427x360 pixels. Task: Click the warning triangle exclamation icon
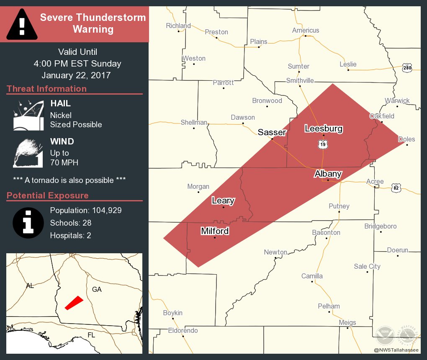[22, 24]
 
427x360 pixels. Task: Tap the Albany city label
[328, 174]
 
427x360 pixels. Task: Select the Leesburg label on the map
[324, 129]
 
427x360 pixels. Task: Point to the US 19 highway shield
[322, 144]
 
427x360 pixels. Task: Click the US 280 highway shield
[407, 68]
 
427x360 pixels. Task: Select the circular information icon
[28, 222]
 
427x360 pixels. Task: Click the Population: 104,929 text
[86, 210]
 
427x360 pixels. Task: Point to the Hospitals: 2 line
[70, 235]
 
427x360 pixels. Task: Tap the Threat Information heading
[46, 89]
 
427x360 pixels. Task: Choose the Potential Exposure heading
[48, 195]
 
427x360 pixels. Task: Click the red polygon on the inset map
[74, 303]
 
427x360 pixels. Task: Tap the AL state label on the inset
[30, 286]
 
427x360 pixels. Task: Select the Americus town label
[306, 30]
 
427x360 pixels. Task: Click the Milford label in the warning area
[215, 231]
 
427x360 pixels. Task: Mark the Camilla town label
[312, 276]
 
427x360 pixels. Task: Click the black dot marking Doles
[407, 145]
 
